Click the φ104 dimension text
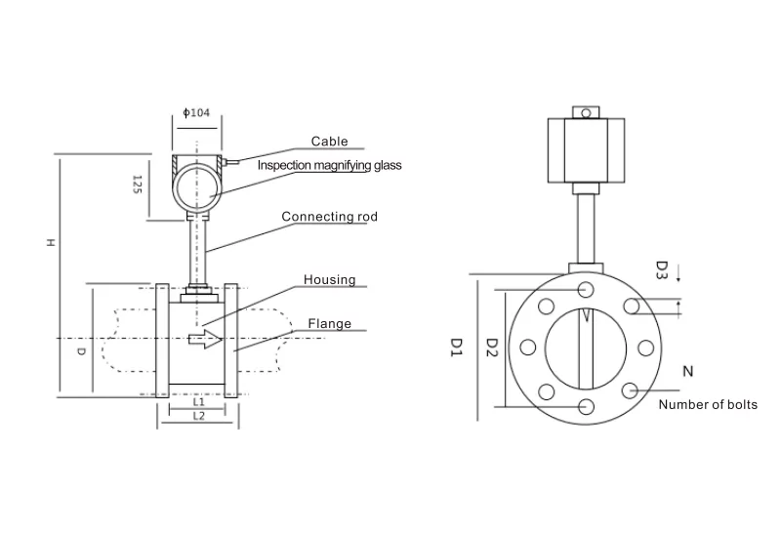[x=197, y=113]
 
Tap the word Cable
[x=329, y=142]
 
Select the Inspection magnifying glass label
[x=329, y=166]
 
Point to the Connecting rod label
[x=329, y=217]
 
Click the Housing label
[x=329, y=280]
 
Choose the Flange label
[x=330, y=324]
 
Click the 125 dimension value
[x=138, y=184]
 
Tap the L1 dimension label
[x=198, y=400]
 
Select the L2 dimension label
[x=198, y=416]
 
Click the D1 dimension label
[x=455, y=347]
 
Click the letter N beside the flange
[x=688, y=371]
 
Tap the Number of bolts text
[x=708, y=404]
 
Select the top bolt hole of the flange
[x=586, y=289]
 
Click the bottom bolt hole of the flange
[x=586, y=407]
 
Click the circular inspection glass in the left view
[x=199, y=186]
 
